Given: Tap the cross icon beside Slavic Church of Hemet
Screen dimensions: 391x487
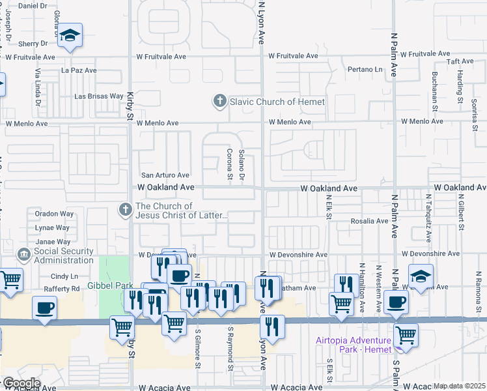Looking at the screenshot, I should pyautogui.click(x=220, y=102).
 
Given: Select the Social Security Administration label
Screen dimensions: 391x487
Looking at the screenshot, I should pyautogui.click(x=64, y=255).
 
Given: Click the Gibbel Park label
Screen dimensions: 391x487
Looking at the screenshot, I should pyautogui.click(x=111, y=285).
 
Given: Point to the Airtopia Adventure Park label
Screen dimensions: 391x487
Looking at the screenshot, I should pyautogui.click(x=353, y=345).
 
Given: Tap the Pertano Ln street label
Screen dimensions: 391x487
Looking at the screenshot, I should pyautogui.click(x=365, y=69).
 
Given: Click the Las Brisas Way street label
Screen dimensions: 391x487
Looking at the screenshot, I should pyautogui.click(x=99, y=96).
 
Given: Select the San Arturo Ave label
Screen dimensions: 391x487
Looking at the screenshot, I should pyautogui.click(x=165, y=175).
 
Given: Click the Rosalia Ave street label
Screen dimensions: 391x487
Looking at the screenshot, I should pyautogui.click(x=369, y=221).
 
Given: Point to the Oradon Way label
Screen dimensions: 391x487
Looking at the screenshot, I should pyautogui.click(x=54, y=213).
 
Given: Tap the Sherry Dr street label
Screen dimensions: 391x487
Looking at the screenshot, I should pyautogui.click(x=34, y=44).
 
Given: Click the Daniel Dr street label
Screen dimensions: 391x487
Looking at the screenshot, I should pyautogui.click(x=34, y=6).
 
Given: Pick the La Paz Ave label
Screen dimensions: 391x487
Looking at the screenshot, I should pyautogui.click(x=79, y=70).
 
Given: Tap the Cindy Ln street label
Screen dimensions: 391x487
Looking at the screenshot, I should pyautogui.click(x=64, y=276).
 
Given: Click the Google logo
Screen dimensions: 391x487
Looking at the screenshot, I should pyautogui.click(x=21, y=383).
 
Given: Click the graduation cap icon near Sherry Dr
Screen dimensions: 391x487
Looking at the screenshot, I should pyautogui.click(x=70, y=36).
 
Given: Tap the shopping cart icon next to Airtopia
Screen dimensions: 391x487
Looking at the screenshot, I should pyautogui.click(x=406, y=336).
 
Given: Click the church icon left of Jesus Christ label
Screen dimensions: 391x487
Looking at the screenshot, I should pyautogui.click(x=124, y=210).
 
